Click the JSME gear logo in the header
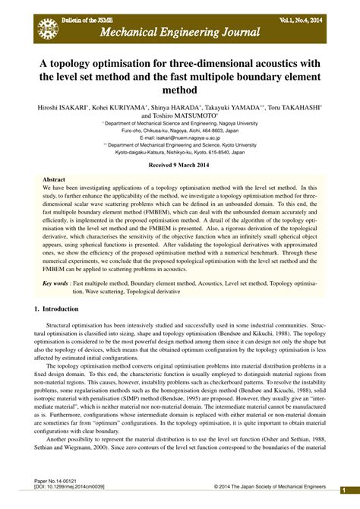click(47, 28)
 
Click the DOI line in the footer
click(71, 487)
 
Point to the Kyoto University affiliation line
click(179, 144)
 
